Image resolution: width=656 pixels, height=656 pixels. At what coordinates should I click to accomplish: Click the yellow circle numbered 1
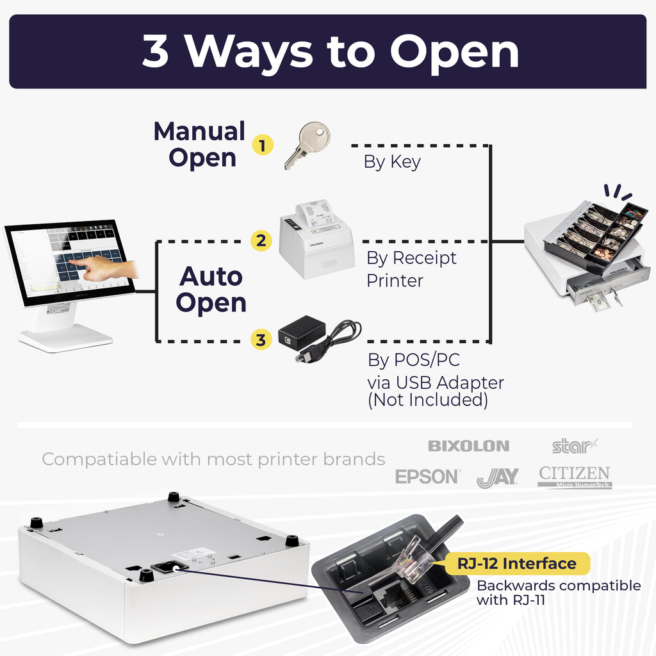coord(261,145)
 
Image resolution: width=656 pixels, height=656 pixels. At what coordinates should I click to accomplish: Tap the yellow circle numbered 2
coord(261,241)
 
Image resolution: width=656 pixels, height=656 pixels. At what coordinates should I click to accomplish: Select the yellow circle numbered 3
coord(261,340)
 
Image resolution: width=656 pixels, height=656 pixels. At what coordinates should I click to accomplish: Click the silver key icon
coord(307,145)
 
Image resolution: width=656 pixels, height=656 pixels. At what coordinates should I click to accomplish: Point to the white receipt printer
coord(317,240)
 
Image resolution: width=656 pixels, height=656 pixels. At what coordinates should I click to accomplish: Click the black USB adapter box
coord(301,332)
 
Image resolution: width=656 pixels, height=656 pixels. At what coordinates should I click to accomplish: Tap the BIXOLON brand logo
coord(468,446)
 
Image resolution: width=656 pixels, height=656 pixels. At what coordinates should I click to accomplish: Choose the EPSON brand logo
coord(427,477)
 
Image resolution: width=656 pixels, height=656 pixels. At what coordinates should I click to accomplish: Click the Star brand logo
coord(574,445)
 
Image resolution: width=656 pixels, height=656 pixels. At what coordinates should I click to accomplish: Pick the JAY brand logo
coord(498,478)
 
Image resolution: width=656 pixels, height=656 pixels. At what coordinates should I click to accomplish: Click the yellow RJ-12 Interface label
coord(516,564)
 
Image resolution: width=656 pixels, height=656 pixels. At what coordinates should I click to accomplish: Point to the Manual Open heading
coord(200,144)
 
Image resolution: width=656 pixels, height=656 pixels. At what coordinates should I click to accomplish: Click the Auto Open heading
coord(211,290)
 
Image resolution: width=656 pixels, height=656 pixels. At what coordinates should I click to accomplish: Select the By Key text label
coord(392,161)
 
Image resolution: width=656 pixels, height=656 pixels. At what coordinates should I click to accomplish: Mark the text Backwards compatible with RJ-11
coord(558,593)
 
